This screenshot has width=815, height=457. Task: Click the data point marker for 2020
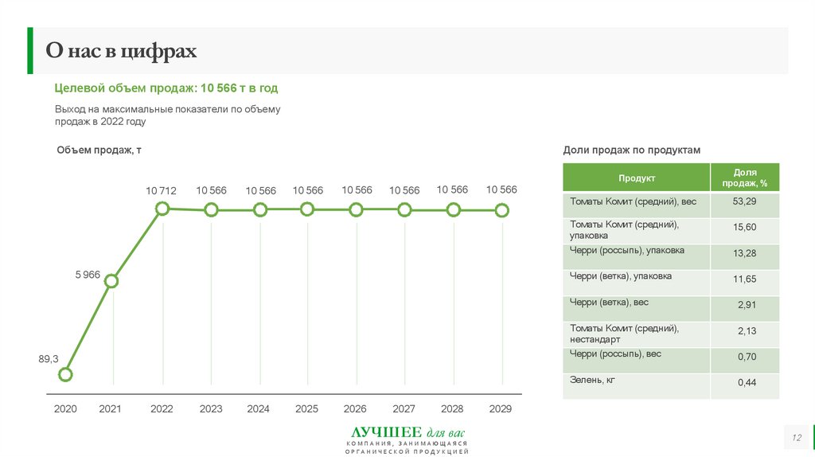click(66, 374)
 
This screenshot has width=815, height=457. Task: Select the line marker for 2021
click(111, 281)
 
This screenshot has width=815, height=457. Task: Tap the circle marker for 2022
click(162, 209)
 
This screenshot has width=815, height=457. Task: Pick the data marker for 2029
click(501, 210)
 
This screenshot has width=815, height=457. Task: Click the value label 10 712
click(161, 191)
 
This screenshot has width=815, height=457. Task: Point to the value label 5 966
click(88, 275)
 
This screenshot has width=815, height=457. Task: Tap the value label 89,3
click(49, 359)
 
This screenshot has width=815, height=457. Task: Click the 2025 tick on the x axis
click(306, 409)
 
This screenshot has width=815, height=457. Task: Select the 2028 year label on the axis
click(452, 409)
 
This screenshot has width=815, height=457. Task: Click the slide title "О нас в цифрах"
click(121, 52)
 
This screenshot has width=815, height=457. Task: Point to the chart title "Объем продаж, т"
click(99, 150)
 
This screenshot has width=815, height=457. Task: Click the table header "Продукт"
click(637, 178)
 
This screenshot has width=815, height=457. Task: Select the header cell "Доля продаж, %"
click(745, 178)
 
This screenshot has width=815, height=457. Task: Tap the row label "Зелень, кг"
click(593, 381)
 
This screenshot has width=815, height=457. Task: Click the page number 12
click(795, 439)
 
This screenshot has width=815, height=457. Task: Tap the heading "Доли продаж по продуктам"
click(631, 150)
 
